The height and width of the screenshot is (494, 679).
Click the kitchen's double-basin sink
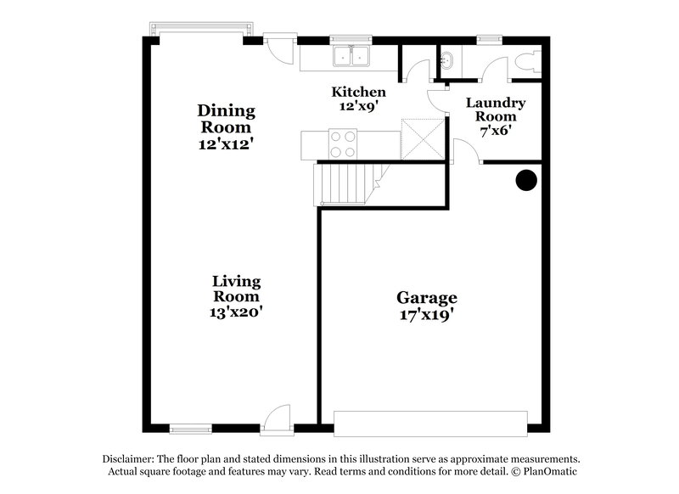coord(351,56)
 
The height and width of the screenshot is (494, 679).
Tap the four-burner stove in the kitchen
coord(342,143)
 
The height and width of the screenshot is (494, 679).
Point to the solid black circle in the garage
coord(527,179)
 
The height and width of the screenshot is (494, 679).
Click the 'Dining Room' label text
coord(226,119)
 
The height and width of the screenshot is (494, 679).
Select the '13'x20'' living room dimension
coord(237,312)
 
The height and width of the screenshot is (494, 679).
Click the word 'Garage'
coord(427,298)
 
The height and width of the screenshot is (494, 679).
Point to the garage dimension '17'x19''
coord(427,315)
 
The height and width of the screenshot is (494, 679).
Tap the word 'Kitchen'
coord(359,92)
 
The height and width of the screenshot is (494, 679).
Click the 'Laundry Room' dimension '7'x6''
coord(497,132)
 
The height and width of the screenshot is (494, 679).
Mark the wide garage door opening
coord(431,423)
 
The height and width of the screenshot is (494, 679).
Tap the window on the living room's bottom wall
coord(189,428)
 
